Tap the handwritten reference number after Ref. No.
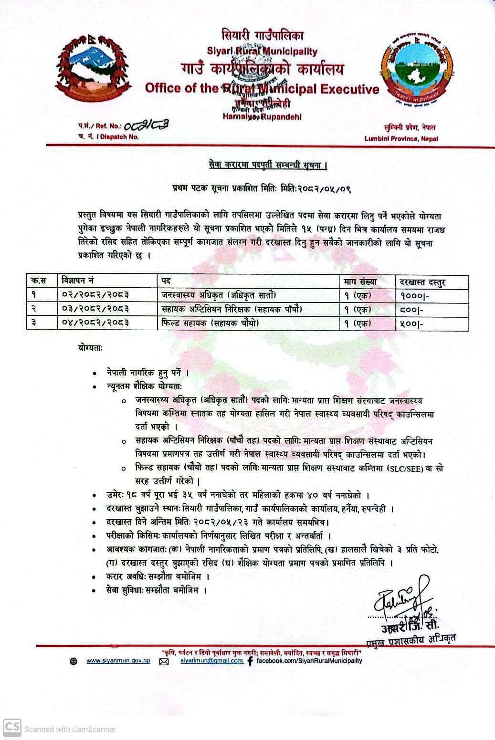point(147,126)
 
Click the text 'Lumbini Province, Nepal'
point(401,139)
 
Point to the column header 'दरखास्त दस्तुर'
point(422,282)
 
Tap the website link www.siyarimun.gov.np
point(118,661)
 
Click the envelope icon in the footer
point(164,662)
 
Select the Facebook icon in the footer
point(250,662)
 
